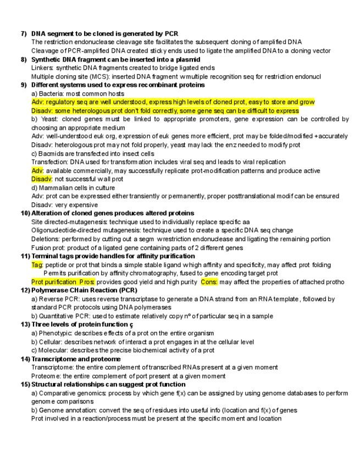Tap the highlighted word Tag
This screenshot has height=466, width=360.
(x=37, y=264)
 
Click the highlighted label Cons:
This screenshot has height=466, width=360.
(x=209, y=282)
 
